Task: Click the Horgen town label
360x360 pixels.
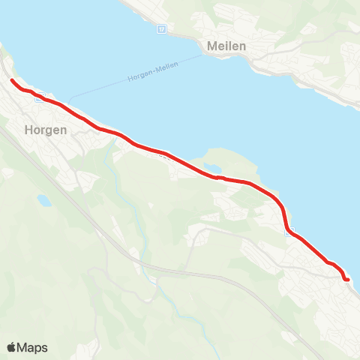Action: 46,130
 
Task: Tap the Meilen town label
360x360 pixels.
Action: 226,46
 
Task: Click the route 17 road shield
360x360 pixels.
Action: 161,29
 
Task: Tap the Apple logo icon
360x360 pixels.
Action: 12,347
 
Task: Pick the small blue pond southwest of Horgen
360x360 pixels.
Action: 44,200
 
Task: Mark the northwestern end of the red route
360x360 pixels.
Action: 12,79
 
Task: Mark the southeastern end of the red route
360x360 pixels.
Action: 348,280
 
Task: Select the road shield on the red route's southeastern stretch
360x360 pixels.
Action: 289,232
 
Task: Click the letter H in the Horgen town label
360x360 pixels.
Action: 29,130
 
